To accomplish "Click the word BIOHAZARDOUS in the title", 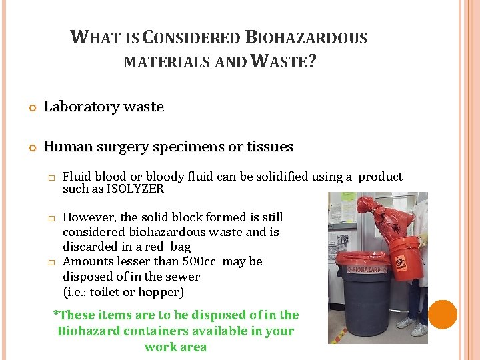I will [306, 37].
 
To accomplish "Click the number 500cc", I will [199, 261].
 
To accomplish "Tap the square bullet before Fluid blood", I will [49, 177].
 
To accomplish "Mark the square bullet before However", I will [49, 218].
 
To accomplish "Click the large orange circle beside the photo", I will [443, 314].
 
